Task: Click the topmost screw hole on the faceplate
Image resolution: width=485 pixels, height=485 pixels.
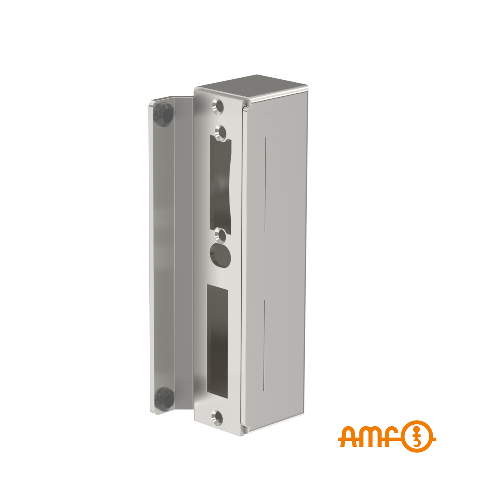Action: click(218, 106)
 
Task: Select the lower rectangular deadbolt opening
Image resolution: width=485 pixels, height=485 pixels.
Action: click(217, 341)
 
